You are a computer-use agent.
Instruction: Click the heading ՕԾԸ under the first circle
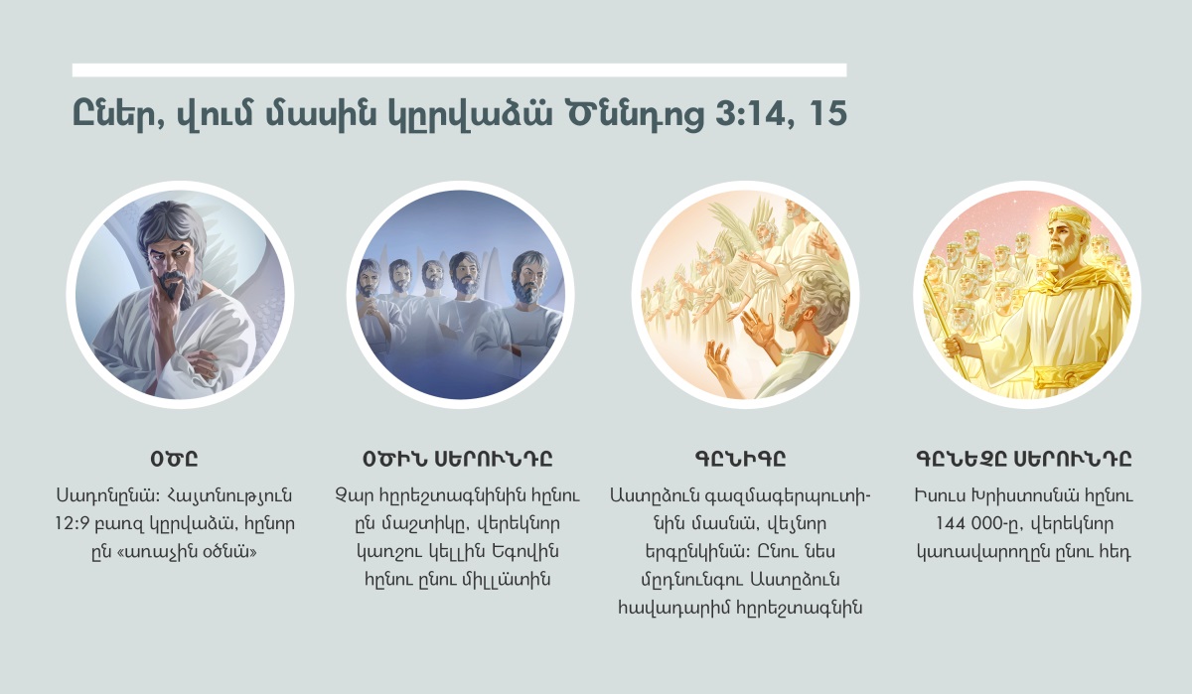pos(175,459)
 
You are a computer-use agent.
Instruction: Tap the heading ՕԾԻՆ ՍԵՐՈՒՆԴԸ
pos(458,459)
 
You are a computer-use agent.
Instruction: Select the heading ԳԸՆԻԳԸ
pos(740,459)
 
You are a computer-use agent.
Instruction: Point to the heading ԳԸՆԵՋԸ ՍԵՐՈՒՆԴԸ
pos(1024,459)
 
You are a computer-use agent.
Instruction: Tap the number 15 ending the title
pos(828,113)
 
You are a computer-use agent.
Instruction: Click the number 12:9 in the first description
pos(72,524)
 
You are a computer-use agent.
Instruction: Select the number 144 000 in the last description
pos(972,524)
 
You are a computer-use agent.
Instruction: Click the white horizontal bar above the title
pos(459,70)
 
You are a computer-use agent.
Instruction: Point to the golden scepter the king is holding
pos(948,330)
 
